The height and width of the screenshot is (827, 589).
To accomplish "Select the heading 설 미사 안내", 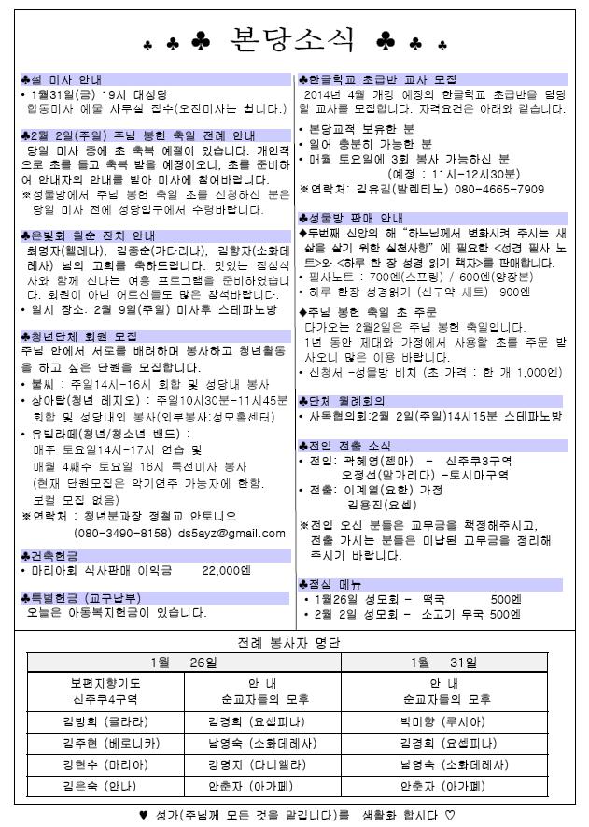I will click(x=63, y=79).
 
